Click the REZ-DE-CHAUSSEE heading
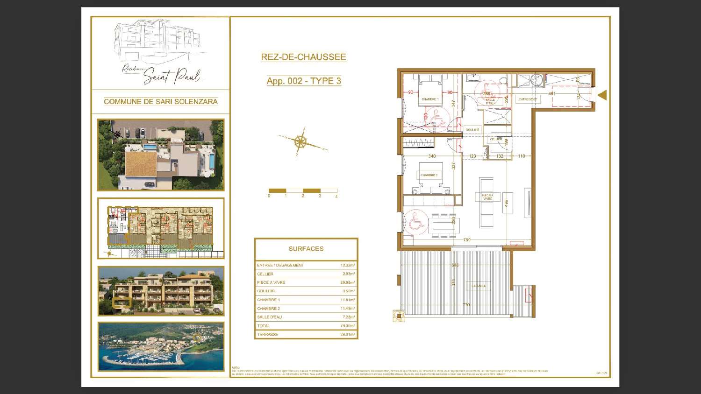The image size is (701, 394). pos(303,57)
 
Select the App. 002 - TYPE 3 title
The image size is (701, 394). pos(304,81)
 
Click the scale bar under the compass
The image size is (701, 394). pos(303,191)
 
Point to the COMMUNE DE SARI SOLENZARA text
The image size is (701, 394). pos(160,101)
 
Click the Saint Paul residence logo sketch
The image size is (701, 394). pos(160,52)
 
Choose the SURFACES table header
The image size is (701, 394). pos(306,249)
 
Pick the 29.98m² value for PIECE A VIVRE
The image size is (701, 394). pos(347,282)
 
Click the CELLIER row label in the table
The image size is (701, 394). pos(265,274)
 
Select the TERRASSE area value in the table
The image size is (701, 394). pos(347,334)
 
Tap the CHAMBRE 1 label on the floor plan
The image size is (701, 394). pos(429,99)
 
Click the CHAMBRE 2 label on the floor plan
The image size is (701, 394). pos(429,175)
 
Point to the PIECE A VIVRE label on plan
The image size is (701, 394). pos(487,197)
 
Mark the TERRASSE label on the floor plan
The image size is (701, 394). pos(478,286)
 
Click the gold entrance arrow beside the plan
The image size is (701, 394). pos(602,95)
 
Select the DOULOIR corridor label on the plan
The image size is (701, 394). pos(472,130)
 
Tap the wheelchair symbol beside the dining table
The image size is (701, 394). pos(415,222)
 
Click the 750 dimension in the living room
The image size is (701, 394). pos(466,240)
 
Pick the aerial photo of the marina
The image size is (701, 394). pos(161,346)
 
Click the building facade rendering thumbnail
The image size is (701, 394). pos(161,291)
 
